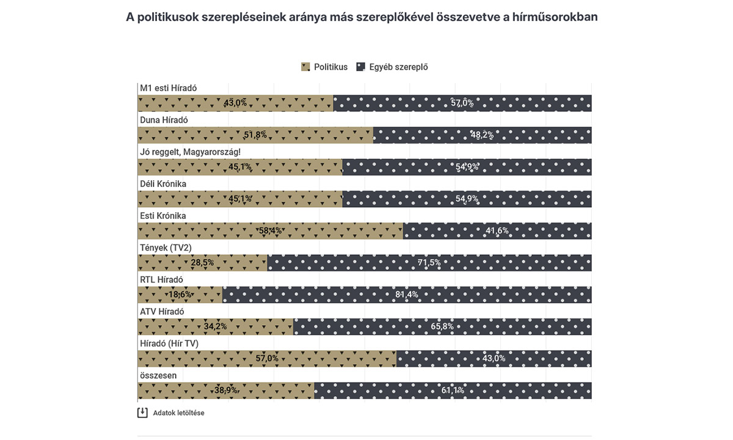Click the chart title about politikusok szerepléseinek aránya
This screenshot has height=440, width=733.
click(x=362, y=17)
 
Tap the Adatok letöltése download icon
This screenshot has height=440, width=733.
click(x=142, y=413)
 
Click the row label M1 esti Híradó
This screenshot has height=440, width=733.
click(x=169, y=88)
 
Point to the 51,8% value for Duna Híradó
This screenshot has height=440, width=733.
click(x=255, y=135)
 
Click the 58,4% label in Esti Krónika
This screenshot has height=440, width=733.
click(x=271, y=231)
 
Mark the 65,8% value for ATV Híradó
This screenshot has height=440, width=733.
click(x=442, y=326)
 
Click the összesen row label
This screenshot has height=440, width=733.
click(x=158, y=375)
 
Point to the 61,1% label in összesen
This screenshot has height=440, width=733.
click(x=453, y=391)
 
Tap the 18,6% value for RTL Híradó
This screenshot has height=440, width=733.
click(x=180, y=295)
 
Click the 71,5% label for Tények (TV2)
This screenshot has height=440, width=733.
click(x=429, y=263)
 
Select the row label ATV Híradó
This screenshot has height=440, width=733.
click(x=162, y=312)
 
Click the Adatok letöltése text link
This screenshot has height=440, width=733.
click(x=178, y=413)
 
